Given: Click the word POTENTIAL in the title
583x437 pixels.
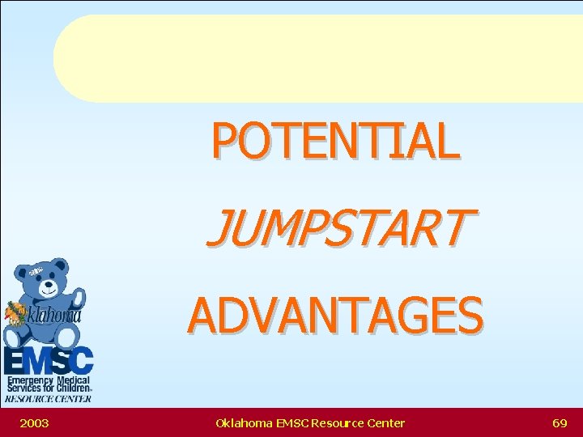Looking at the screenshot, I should [x=335, y=140].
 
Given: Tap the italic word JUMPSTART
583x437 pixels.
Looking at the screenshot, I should [x=337, y=227].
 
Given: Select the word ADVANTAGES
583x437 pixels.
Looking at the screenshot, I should [x=335, y=315].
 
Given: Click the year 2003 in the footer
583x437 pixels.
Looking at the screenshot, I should [x=34, y=422].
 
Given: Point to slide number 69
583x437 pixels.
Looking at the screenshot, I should [x=559, y=422].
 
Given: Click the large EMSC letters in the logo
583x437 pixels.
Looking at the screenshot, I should [x=48, y=361].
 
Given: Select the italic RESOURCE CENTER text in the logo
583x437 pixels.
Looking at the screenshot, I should [x=48, y=398].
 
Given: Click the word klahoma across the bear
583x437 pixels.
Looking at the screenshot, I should [x=54, y=316].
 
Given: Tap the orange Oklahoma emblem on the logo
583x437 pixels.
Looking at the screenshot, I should [x=15, y=312].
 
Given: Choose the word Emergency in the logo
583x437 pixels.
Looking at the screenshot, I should [x=29, y=380].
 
